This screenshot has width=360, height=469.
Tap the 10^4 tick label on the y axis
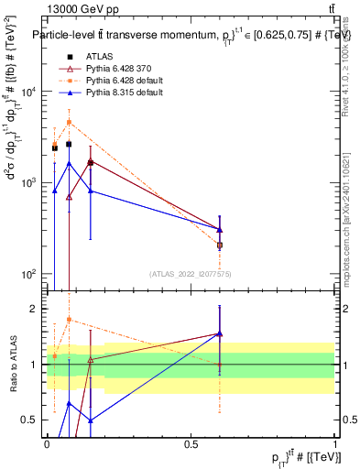(27, 92)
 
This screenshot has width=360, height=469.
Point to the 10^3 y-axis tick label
(27, 183)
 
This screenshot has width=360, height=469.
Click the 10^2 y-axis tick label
(27, 275)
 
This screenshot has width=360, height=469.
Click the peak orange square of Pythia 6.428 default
(70, 122)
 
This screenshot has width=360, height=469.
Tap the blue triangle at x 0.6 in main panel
(220, 230)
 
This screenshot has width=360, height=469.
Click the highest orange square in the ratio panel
(70, 320)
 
